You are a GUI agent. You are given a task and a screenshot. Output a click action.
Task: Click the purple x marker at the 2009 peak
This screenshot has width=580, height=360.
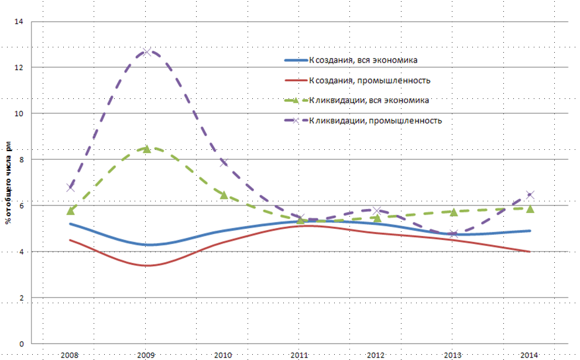click(x=147, y=52)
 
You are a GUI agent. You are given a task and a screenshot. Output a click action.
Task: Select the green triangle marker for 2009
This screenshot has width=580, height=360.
click(x=147, y=149)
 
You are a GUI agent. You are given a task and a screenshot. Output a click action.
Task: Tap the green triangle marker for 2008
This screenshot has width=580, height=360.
click(x=71, y=210)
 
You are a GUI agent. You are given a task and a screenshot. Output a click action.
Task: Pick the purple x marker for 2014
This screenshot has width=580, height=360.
click(x=530, y=194)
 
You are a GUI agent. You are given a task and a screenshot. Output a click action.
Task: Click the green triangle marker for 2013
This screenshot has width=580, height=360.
click(x=454, y=212)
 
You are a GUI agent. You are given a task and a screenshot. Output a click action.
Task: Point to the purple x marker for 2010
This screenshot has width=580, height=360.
click(x=224, y=163)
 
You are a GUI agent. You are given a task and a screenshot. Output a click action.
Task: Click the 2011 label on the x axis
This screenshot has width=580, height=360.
click(x=300, y=355)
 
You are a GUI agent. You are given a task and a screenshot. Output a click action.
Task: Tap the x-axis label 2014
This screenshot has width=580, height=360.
click(x=529, y=355)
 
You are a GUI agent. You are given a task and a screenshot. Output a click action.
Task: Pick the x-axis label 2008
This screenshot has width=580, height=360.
click(x=70, y=355)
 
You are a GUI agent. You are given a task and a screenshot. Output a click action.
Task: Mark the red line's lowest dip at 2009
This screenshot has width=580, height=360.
click(x=147, y=265)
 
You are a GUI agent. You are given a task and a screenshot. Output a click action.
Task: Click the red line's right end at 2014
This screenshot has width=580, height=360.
click(x=530, y=252)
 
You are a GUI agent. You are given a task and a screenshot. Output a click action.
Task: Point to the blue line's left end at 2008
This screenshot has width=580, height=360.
click(x=70, y=224)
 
